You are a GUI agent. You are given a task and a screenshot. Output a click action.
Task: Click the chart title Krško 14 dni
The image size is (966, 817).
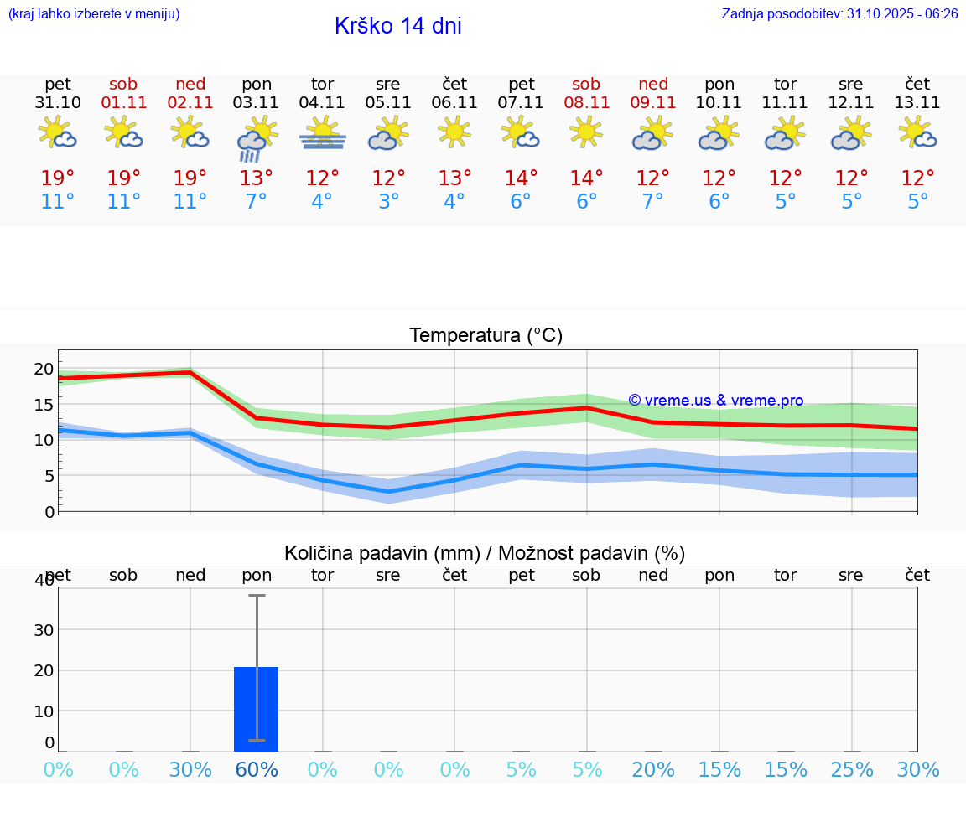pyautogui.click(x=397, y=26)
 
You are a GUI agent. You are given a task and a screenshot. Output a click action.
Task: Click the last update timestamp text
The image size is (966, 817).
pyautogui.click(x=839, y=14)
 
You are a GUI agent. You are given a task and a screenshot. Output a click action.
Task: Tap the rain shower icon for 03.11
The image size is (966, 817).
pyautogui.click(x=256, y=139)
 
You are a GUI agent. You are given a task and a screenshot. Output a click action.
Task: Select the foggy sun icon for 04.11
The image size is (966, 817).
pyautogui.click(x=322, y=133)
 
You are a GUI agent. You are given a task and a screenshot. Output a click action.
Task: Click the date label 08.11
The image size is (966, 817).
pyautogui.click(x=586, y=103)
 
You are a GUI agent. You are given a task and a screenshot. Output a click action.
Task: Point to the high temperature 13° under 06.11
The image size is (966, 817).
pyautogui.click(x=454, y=178)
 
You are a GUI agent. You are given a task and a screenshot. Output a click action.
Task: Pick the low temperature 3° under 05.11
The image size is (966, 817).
pyautogui.click(x=388, y=202)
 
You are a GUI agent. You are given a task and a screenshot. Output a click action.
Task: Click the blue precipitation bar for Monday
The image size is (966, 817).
pyautogui.click(x=256, y=709)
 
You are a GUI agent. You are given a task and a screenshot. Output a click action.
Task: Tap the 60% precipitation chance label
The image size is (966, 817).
pyautogui.click(x=257, y=770)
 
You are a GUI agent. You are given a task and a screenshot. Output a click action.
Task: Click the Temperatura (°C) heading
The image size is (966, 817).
pyautogui.click(x=486, y=336)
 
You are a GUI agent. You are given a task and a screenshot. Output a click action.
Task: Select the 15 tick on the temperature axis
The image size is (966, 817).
pyautogui.click(x=44, y=405)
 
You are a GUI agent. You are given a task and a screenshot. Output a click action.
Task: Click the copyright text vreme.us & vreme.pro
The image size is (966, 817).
pyautogui.click(x=715, y=401)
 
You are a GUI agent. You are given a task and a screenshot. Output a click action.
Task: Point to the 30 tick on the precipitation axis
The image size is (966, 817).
pyautogui.click(x=44, y=630)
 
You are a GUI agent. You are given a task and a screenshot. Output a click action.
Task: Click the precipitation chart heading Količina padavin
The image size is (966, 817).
pyautogui.click(x=485, y=553)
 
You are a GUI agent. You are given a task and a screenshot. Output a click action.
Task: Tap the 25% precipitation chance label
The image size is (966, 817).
pyautogui.click(x=852, y=770)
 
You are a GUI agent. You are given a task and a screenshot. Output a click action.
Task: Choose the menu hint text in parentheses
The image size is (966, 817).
pyautogui.click(x=94, y=14)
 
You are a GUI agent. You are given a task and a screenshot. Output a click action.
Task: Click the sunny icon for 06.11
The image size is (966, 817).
pyautogui.click(x=454, y=132)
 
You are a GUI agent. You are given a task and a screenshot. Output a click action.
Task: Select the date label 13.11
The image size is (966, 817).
pyautogui.click(x=917, y=103)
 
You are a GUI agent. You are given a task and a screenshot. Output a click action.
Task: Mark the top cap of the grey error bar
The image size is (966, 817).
pyautogui.click(x=257, y=596)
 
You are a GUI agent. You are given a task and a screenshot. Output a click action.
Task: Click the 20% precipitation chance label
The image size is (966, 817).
pyautogui.click(x=653, y=770)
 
